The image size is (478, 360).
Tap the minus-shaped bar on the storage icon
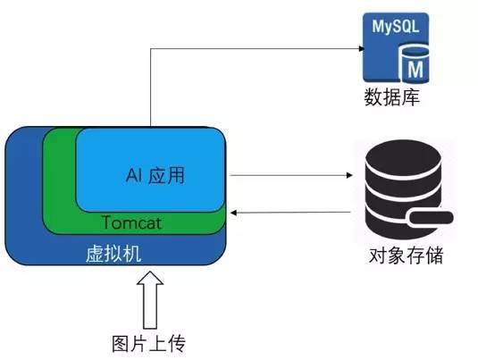(428, 218)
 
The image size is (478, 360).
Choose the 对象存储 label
(407, 256)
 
